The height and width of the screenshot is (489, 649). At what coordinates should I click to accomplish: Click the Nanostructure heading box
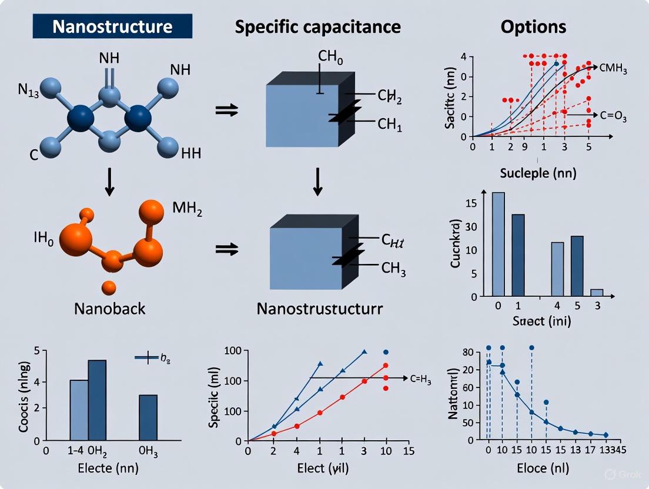pos(112,26)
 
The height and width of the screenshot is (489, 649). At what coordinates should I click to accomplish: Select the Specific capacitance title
pos(317,26)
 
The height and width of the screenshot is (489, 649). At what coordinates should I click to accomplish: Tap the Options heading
pos(533,26)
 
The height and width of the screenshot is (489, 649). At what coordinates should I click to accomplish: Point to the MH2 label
pos(187,209)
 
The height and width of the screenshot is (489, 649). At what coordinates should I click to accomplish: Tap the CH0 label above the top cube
pos(330,57)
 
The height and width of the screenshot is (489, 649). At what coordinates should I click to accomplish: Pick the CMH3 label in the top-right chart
pos(614,70)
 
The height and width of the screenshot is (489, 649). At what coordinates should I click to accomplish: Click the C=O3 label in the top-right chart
pos(613,118)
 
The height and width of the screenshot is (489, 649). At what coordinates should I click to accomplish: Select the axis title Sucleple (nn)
pos(538,173)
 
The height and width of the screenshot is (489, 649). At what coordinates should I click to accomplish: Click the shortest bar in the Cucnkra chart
pos(597,293)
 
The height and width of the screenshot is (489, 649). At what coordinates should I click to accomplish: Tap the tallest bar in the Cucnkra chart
pos(498,244)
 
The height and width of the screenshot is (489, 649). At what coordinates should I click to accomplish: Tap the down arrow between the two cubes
pos(317,182)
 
